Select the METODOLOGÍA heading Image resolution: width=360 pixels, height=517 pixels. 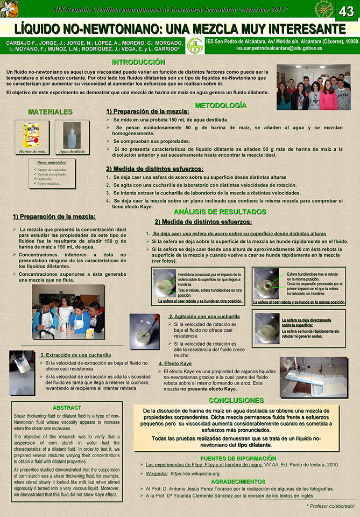[221, 106]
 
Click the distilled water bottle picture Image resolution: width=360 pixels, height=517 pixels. [71, 135]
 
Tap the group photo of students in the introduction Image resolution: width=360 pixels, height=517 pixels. [313, 88]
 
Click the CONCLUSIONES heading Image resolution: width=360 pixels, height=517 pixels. [236, 400]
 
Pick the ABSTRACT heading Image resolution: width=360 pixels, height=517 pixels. [67, 408]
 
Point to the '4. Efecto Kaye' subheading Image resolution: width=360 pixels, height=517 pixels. [174, 364]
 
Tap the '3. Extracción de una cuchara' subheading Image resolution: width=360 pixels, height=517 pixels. [75, 355]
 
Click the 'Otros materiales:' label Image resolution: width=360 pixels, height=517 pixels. [52, 162]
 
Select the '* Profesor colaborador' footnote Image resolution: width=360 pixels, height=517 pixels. [330, 506]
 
